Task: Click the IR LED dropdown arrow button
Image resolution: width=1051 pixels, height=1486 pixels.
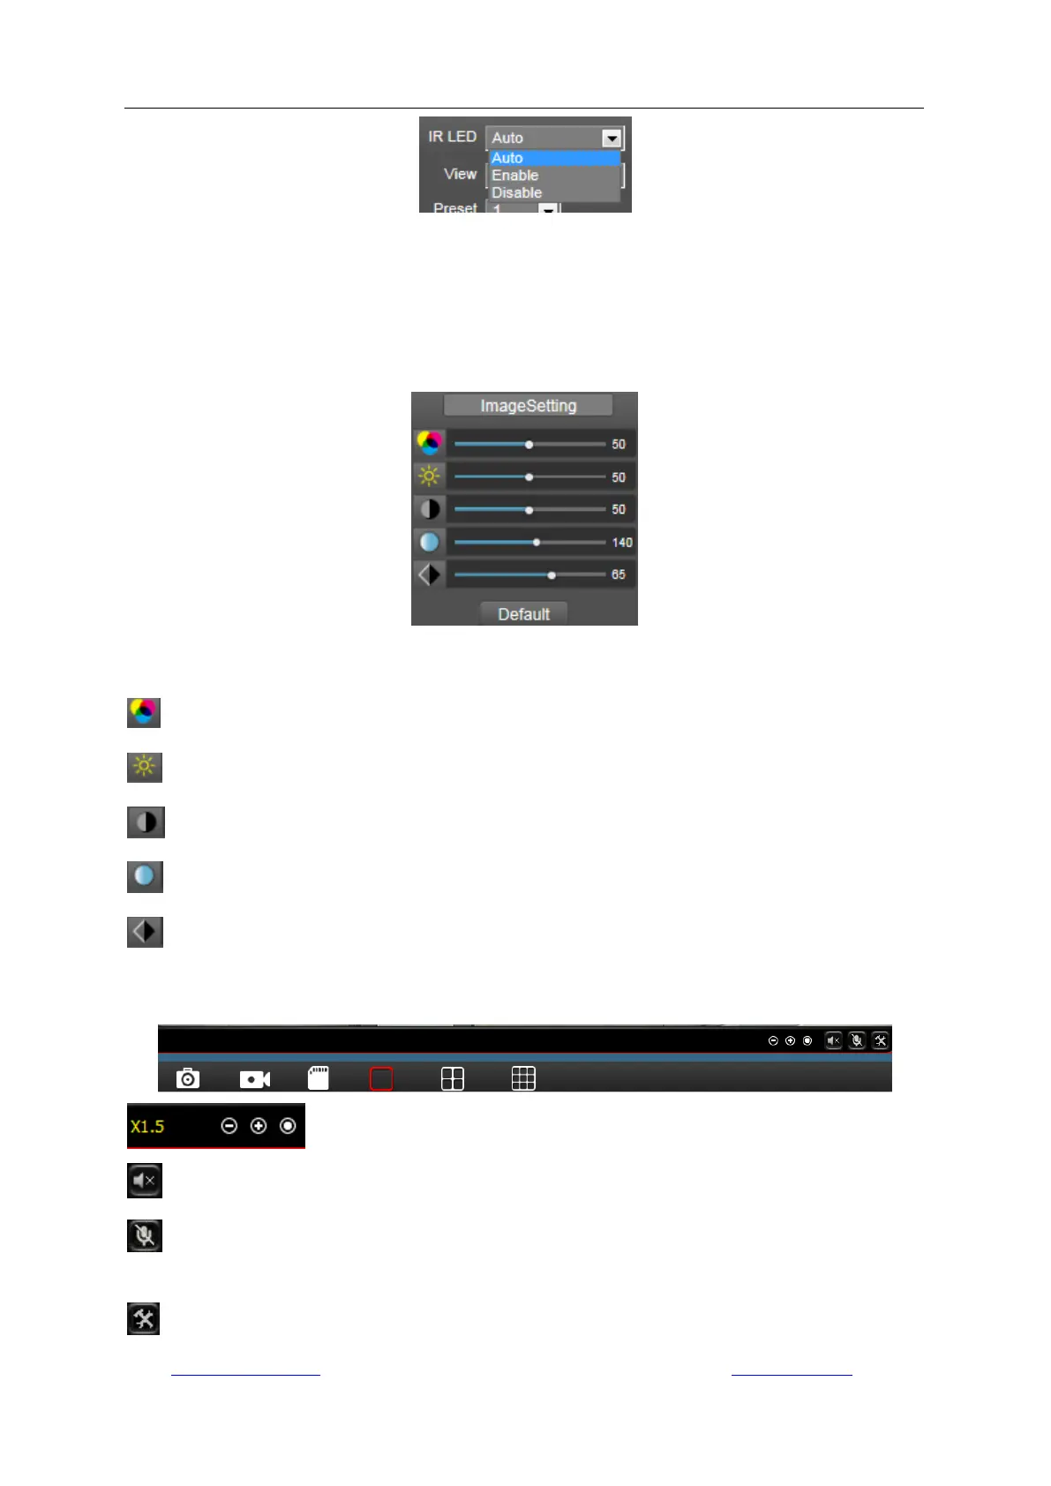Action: click(x=612, y=139)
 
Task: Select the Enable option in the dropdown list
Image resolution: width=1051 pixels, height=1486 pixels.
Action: click(x=514, y=176)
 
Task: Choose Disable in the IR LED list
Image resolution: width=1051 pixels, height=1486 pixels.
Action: click(x=516, y=192)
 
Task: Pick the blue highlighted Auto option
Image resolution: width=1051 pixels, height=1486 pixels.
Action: click(x=507, y=158)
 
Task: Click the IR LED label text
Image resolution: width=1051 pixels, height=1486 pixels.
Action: click(x=452, y=137)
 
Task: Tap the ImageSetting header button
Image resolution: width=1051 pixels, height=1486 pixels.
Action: click(x=528, y=406)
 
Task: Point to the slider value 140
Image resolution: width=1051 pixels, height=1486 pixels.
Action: click(x=622, y=543)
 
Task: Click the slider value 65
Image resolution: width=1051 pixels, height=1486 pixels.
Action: click(x=619, y=574)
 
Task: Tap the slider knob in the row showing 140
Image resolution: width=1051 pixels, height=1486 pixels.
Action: click(x=537, y=543)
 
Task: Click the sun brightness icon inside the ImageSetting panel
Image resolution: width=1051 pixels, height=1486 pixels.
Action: click(x=429, y=477)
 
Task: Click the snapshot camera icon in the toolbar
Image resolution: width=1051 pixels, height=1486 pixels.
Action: click(x=188, y=1078)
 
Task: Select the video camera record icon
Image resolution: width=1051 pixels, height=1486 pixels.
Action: click(x=255, y=1079)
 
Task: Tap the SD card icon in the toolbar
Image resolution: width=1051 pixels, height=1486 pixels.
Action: click(x=319, y=1077)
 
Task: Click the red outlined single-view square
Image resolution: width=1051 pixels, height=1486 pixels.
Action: click(x=381, y=1078)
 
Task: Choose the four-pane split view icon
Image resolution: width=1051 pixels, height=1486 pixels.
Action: click(x=453, y=1078)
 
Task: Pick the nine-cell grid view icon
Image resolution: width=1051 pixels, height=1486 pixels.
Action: click(x=523, y=1078)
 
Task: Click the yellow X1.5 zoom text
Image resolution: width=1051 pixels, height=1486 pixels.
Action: click(x=147, y=1127)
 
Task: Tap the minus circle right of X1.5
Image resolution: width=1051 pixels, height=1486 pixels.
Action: click(x=229, y=1126)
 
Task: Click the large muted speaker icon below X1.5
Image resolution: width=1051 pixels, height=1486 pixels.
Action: click(x=145, y=1181)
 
